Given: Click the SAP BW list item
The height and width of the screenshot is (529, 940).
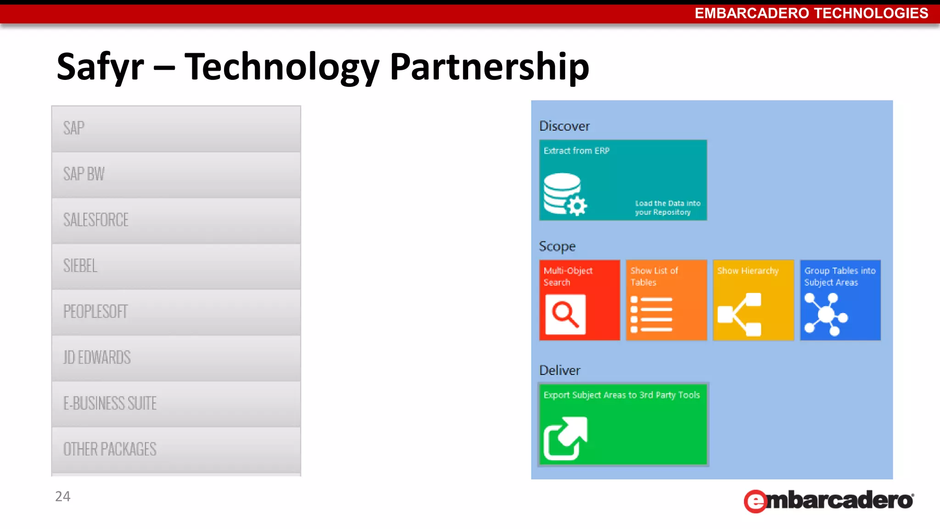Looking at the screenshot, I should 176,174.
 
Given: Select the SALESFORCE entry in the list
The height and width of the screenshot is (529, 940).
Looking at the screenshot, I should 176,220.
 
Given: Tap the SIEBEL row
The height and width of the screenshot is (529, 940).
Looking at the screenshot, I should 176,266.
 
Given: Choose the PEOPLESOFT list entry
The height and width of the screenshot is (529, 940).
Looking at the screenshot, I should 176,312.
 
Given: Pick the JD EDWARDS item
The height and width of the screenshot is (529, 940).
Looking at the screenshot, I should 176,358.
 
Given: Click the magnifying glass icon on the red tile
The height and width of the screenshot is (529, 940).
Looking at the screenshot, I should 565,315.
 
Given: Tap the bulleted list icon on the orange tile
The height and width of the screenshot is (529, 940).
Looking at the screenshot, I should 651,315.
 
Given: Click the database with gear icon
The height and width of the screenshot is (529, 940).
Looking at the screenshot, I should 565,194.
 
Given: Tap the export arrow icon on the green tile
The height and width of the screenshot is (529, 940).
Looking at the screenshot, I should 565,439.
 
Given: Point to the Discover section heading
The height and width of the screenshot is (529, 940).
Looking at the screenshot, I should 564,126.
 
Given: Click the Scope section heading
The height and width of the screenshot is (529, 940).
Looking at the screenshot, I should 557,247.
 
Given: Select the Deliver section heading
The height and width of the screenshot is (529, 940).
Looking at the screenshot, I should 560,371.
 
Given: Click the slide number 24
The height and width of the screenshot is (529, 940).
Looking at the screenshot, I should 62,496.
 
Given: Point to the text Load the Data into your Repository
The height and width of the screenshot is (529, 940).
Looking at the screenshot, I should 667,208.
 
